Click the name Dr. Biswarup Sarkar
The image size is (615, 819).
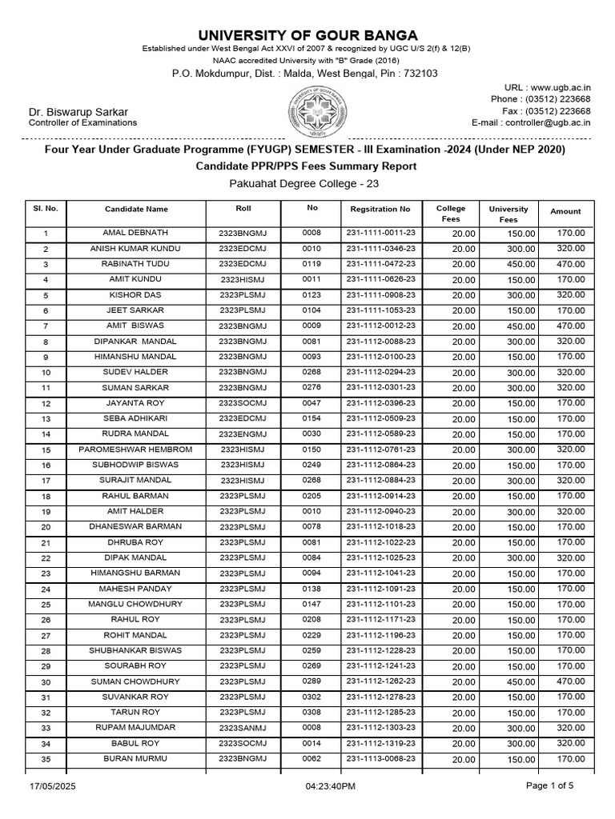pos(78,112)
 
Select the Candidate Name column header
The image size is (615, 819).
pos(136,210)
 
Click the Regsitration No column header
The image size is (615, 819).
pos(380,210)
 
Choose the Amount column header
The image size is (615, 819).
pos(565,211)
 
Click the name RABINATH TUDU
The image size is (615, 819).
pos(136,264)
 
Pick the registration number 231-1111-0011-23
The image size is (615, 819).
pos(380,233)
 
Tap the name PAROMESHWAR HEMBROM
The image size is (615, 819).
pos(136,449)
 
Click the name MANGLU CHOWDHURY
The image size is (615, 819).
pos(136,605)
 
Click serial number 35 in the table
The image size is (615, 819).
pos(46,760)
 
